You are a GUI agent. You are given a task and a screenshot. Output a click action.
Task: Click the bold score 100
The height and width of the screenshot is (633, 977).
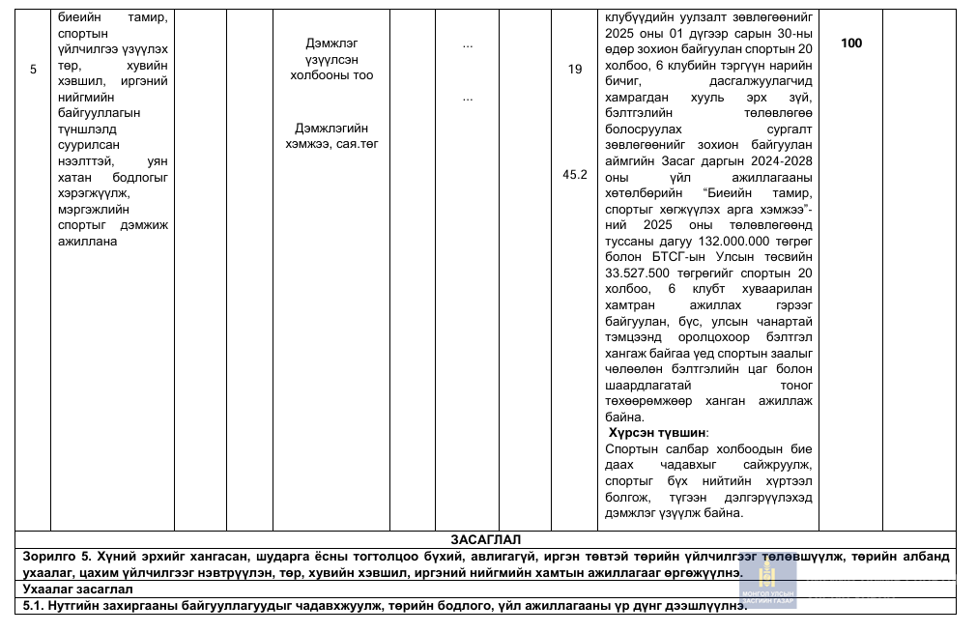(851, 43)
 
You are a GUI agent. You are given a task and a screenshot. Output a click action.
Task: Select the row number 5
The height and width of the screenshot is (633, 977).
(33, 70)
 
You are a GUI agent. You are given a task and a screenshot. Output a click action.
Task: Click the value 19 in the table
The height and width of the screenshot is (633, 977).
(575, 70)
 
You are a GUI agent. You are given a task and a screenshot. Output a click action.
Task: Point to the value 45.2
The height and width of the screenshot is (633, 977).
(575, 175)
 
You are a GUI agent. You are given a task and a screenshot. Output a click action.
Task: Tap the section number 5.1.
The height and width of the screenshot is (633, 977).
(36, 606)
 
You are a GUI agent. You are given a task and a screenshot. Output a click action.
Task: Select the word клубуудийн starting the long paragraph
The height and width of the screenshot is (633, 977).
(645, 18)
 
